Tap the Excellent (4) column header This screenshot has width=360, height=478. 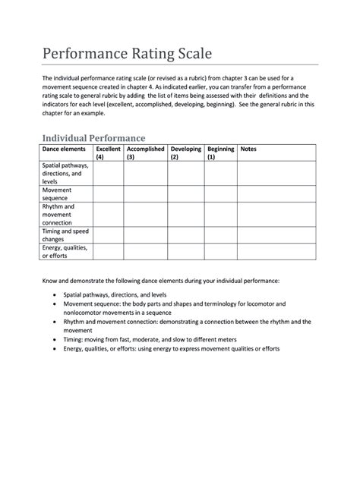[x=108, y=153]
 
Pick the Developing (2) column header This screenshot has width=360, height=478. [x=185, y=153]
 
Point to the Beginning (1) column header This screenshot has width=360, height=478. [x=220, y=153]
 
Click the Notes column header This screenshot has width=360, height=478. [x=248, y=149]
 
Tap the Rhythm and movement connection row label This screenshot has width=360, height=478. [x=61, y=214]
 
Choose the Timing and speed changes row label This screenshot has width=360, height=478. [x=65, y=234]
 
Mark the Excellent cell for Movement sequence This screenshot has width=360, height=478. [x=108, y=193]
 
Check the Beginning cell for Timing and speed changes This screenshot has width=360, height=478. [x=220, y=234]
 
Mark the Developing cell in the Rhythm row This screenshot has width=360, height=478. [x=185, y=214]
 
